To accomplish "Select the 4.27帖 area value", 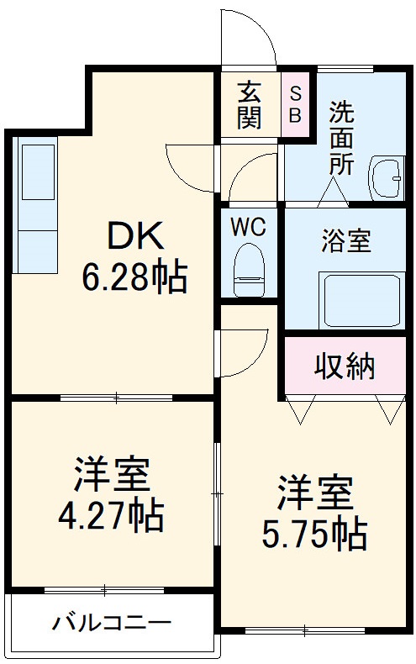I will point(111,514).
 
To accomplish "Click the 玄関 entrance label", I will point(249,105).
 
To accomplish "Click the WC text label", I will point(249,227).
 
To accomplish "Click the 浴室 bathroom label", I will point(345,241).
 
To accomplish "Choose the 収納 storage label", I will point(345,366).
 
